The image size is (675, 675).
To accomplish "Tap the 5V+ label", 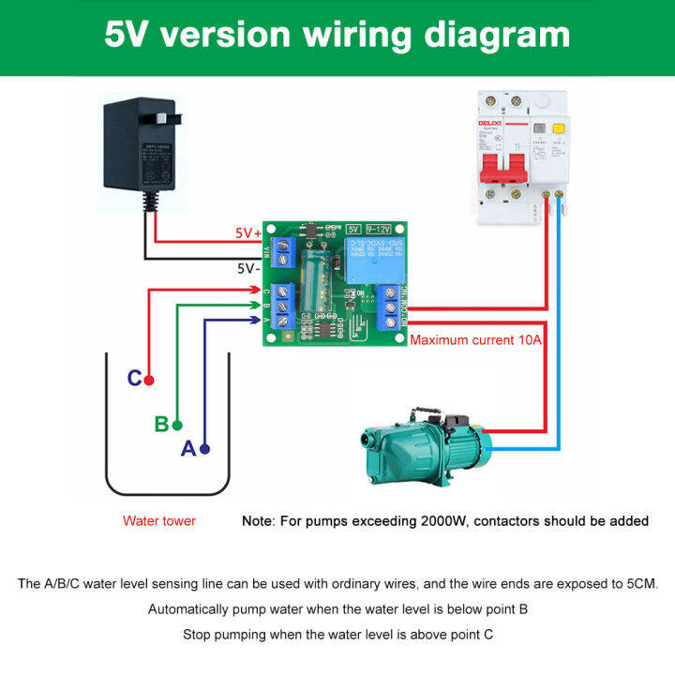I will tap(248, 232).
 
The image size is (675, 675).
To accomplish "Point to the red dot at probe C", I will tap(149, 380).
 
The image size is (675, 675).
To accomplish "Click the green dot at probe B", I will tap(176, 425).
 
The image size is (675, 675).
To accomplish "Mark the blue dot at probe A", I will tap(204, 449).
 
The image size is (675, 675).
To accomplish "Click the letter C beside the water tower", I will tap(134, 379).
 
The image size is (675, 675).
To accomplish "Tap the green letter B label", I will tap(161, 424).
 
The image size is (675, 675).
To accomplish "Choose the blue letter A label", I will tap(188, 449).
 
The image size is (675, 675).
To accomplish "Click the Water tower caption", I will tap(159, 521).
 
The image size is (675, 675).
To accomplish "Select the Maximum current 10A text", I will tap(476, 340).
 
